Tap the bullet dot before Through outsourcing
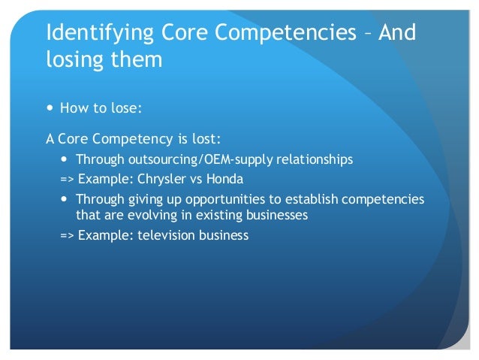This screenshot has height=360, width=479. point(65,160)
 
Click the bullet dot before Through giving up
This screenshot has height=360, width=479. point(65,201)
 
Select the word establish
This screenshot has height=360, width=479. point(314,201)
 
